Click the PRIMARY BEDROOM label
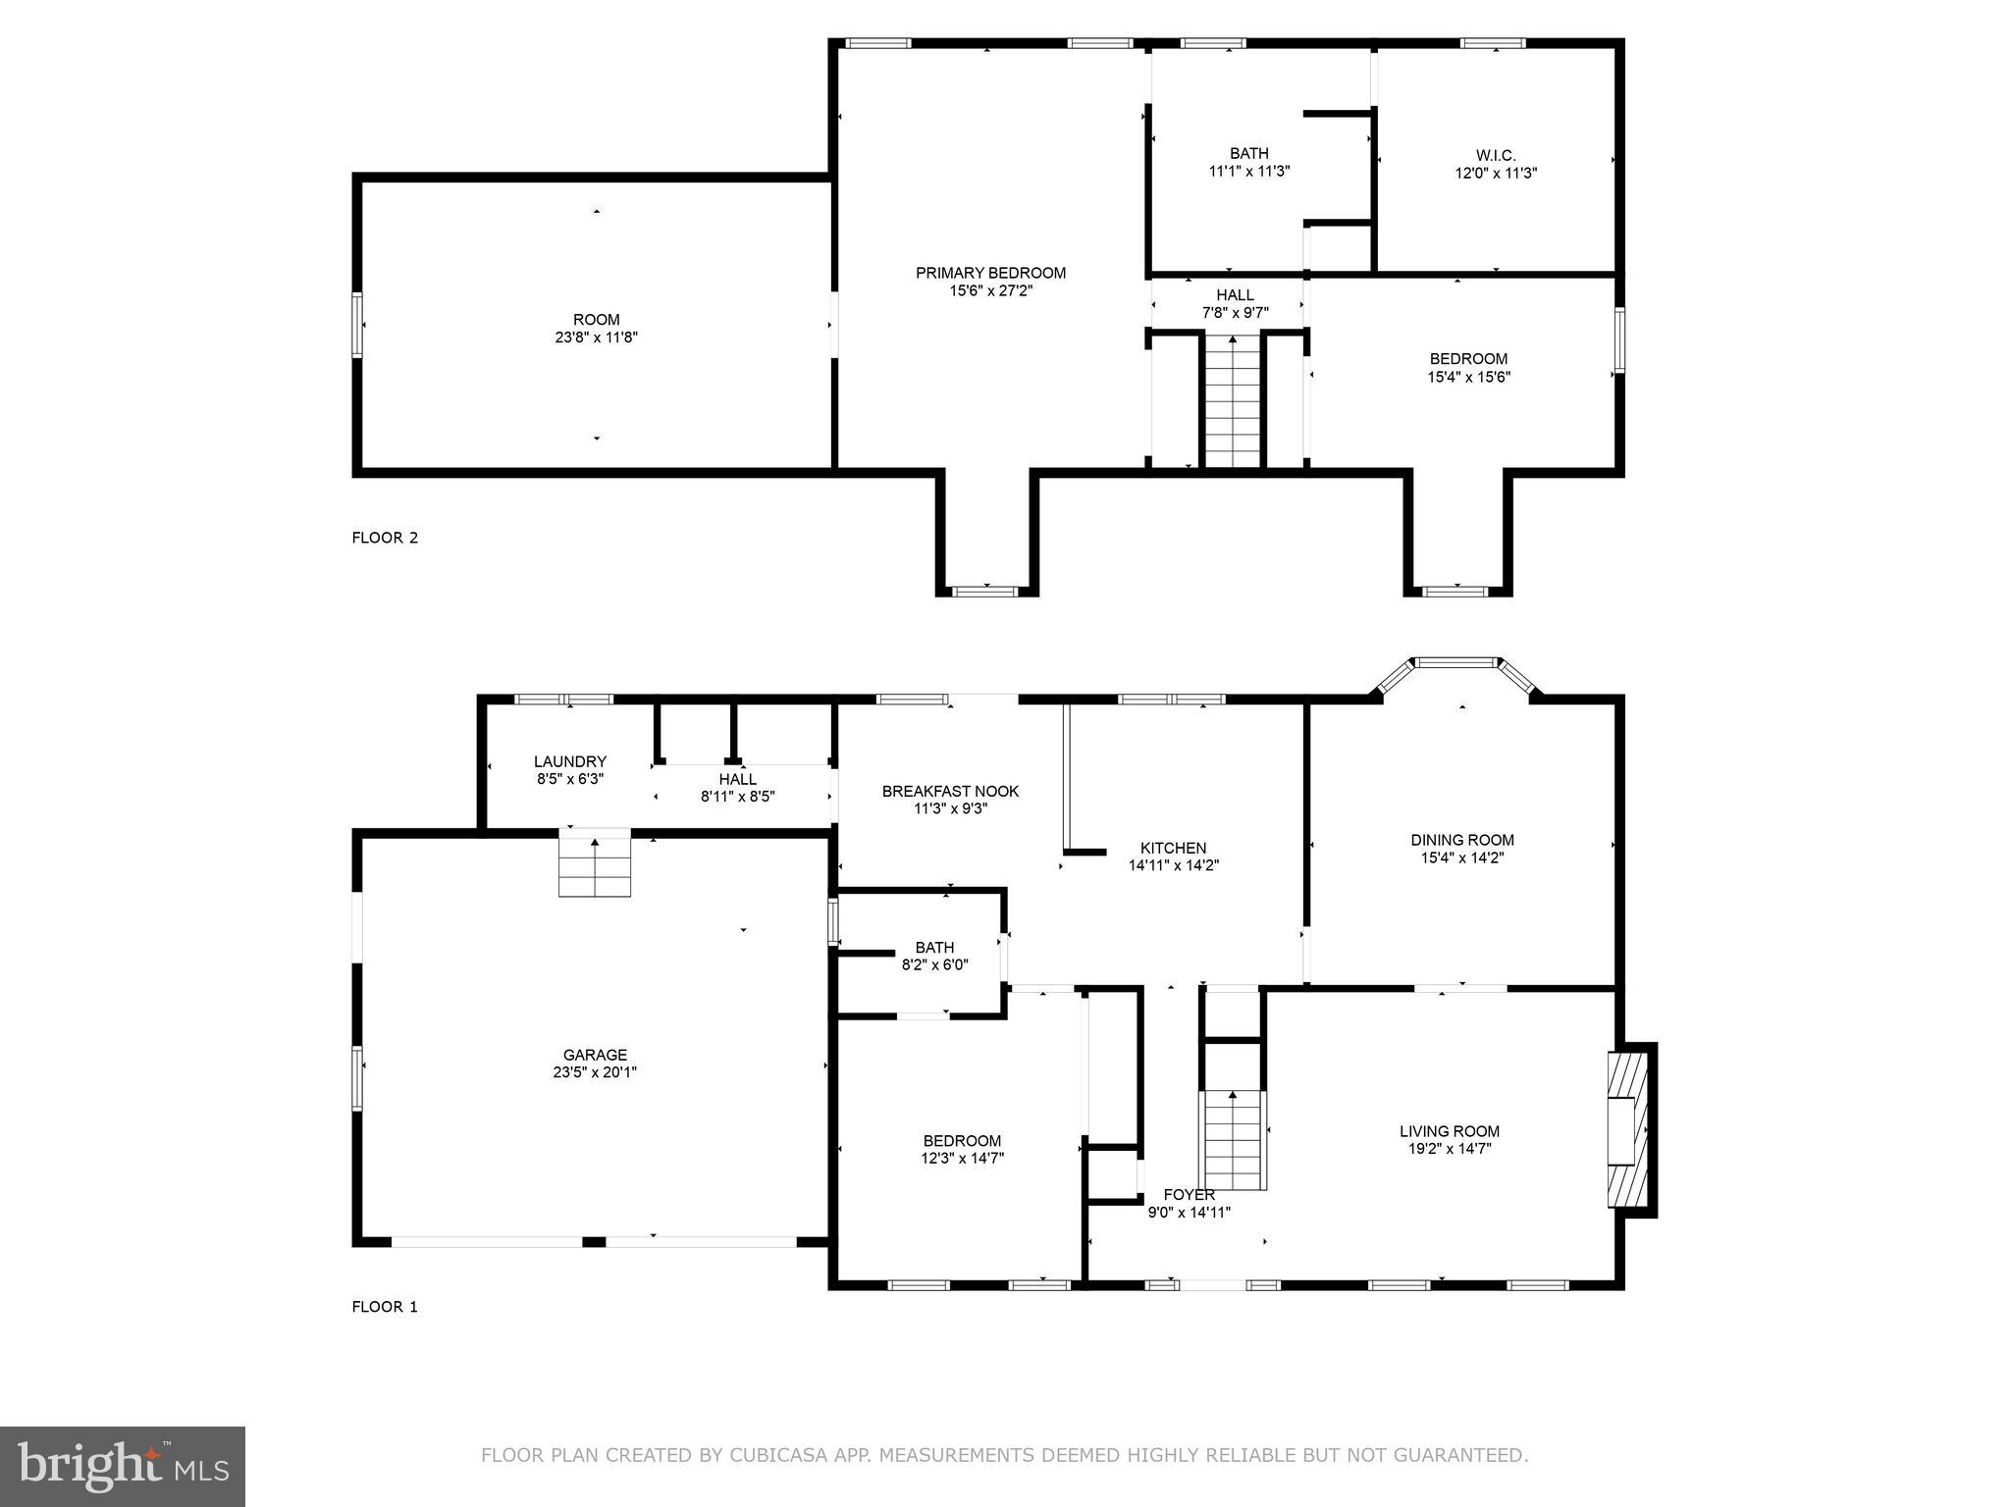point(990,273)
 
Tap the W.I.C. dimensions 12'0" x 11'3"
point(1495,173)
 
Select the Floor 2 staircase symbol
point(1232,402)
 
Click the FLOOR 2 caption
point(385,538)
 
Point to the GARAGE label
point(595,1056)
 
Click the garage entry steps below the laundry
point(595,863)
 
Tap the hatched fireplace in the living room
point(1626,1129)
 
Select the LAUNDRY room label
point(569,761)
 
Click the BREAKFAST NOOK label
point(950,791)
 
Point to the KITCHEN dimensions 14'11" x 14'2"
point(1173,865)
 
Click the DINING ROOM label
point(1461,840)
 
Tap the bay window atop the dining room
point(1457,664)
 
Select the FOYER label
point(1189,1194)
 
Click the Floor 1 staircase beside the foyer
point(1232,1138)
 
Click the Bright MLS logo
point(123,1466)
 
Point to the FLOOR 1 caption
point(385,1307)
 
